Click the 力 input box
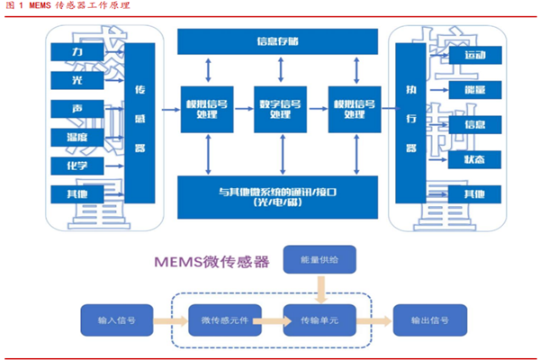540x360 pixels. [x=80, y=55]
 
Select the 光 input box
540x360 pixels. [x=80, y=80]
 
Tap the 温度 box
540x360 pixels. [x=80, y=138]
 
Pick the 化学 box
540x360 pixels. [x=80, y=166]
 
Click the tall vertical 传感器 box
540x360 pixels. [x=139, y=121]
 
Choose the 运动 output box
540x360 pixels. [x=473, y=56]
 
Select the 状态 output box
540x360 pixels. [x=473, y=159]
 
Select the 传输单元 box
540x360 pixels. [x=320, y=319]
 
